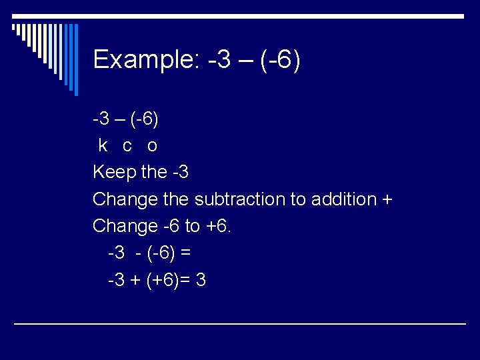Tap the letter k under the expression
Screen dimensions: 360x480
click(x=103, y=145)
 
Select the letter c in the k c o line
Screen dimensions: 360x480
click(x=127, y=145)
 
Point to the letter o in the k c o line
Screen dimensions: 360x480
click(x=152, y=145)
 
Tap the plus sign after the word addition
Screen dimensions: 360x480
click(x=388, y=200)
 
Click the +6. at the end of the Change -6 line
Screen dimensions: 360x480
click(x=219, y=227)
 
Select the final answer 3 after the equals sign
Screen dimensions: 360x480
click(x=201, y=281)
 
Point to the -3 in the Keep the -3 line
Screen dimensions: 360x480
click(x=179, y=173)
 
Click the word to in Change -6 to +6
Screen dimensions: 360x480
click(x=192, y=227)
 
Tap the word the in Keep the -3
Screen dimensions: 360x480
click(x=155, y=173)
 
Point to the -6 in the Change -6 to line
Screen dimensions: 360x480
click(x=170, y=227)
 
